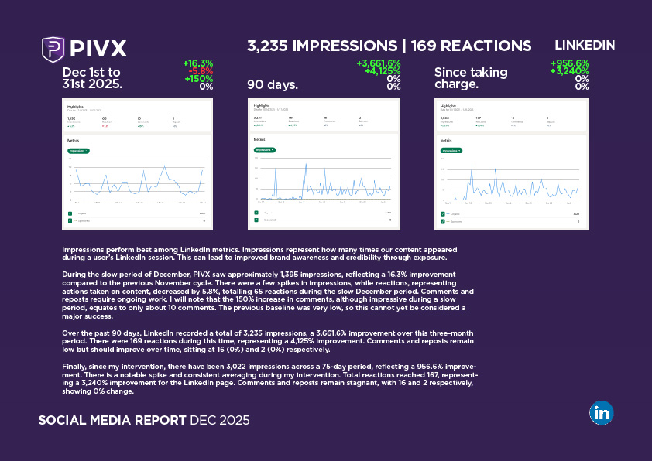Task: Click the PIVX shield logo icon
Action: [x=53, y=49]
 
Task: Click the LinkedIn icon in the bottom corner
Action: [x=601, y=412]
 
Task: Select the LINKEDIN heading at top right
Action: [x=585, y=45]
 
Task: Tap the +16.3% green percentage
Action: [x=197, y=63]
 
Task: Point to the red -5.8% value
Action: [x=200, y=71]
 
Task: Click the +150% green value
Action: [x=199, y=79]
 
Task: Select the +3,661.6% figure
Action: [x=378, y=63]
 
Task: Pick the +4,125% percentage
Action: [x=383, y=71]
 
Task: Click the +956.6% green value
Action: [x=569, y=63]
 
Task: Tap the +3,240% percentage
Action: [x=569, y=71]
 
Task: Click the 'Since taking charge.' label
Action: [x=471, y=78]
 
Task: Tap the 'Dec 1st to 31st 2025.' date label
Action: [x=92, y=78]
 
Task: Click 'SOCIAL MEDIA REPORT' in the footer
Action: [x=112, y=421]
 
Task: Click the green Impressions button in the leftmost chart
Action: [x=78, y=151]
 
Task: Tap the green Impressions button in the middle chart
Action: [x=264, y=150]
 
